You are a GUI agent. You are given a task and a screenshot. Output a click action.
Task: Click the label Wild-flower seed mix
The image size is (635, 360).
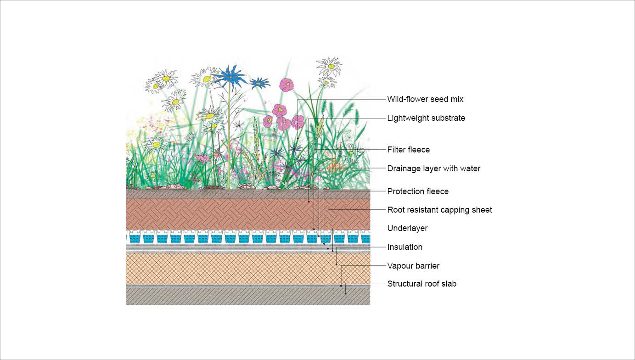click(x=425, y=99)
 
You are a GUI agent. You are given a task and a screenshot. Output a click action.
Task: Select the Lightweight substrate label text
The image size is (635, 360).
click(x=426, y=118)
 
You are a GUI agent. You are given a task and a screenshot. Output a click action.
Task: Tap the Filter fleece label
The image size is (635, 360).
click(x=408, y=150)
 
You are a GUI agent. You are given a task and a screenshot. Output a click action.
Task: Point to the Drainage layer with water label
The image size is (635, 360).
click(x=433, y=169)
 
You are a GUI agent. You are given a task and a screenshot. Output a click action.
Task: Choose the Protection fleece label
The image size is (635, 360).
click(x=418, y=191)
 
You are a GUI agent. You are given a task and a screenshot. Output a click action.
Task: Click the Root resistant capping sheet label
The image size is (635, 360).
click(x=439, y=210)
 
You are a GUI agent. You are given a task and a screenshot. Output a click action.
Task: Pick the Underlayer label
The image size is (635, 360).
click(x=407, y=228)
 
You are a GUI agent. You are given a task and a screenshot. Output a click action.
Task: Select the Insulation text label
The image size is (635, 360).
click(x=405, y=247)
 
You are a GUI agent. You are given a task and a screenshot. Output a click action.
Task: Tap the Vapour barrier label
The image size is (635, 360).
click(x=413, y=266)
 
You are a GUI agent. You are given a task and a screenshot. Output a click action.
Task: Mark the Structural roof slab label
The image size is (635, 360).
click(x=421, y=284)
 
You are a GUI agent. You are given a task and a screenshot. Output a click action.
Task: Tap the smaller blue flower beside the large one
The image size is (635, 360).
click(x=259, y=83)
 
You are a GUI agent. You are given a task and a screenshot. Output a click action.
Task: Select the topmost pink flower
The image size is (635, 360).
click(x=287, y=84)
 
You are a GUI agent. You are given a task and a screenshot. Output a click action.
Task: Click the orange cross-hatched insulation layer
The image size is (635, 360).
click(x=248, y=269)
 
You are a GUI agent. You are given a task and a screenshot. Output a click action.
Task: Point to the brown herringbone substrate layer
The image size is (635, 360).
click(x=248, y=214)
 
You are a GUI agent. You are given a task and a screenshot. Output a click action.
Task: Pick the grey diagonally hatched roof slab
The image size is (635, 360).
click(x=248, y=296)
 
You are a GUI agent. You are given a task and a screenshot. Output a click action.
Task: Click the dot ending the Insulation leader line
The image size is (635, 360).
click(x=337, y=264)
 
